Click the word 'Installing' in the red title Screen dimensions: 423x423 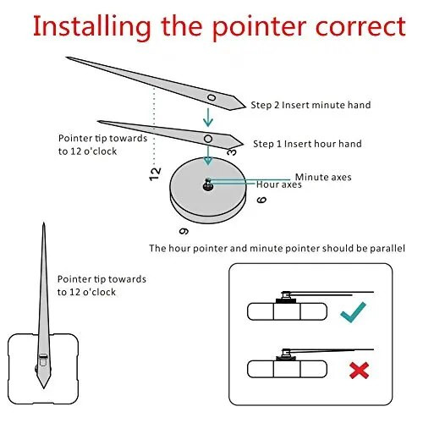pos(92,27)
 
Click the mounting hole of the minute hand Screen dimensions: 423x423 pos(211,98)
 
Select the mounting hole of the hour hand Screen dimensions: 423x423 pos(208,139)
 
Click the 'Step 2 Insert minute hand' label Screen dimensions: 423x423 pos(310,105)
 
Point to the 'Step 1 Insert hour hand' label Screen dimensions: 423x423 pos(307,144)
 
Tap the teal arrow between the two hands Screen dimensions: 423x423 pos(208,118)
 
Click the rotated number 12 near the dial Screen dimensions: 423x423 pos(155,174)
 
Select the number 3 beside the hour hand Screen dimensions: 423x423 pos(232,152)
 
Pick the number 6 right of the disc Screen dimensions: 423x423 pos(261,200)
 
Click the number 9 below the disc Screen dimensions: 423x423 pos(184,231)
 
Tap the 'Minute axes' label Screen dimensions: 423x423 pos(323,177)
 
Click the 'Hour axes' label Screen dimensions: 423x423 pos(279,184)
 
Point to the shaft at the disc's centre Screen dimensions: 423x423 pos(208,184)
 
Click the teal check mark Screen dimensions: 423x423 pos(353,312)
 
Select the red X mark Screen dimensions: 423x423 pos(359,371)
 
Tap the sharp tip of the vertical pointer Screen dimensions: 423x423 pos(44,222)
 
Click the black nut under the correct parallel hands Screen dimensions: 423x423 pos(286,301)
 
